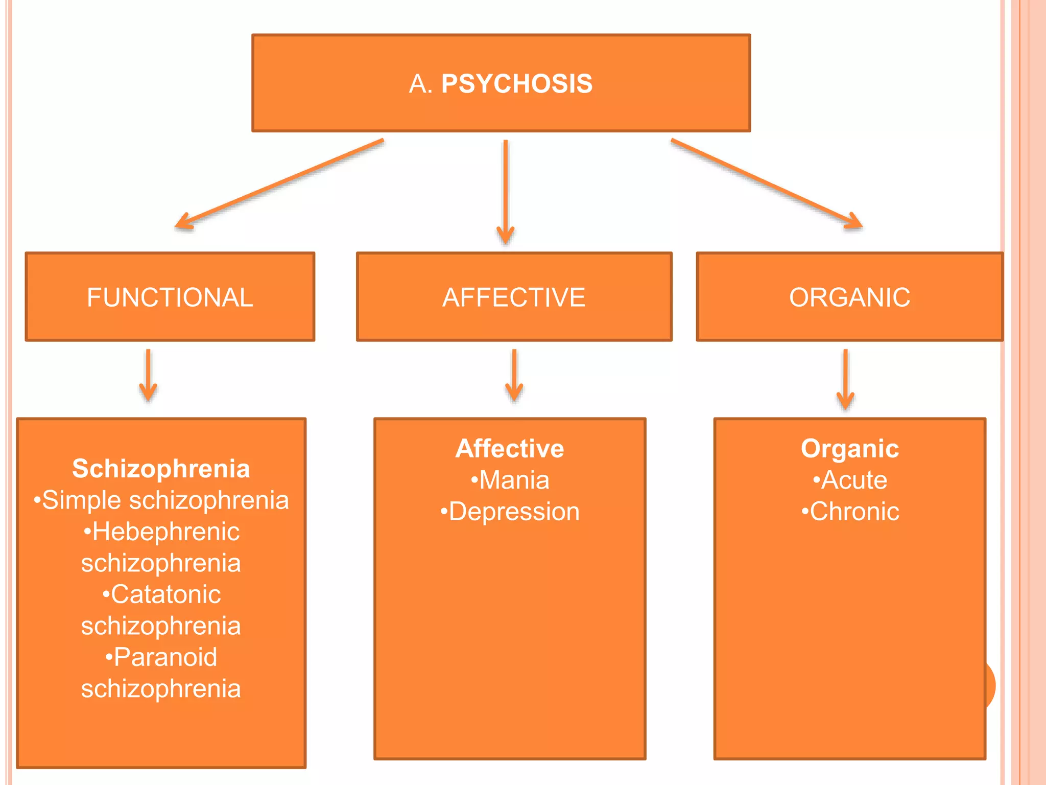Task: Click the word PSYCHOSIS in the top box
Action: (516, 83)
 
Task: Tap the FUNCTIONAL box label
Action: (170, 297)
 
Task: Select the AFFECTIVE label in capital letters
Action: (514, 297)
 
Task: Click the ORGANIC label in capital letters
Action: (849, 297)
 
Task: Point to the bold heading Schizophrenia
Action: (161, 468)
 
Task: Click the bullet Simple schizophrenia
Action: (161, 500)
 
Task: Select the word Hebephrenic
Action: (165, 532)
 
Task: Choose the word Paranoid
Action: (165, 657)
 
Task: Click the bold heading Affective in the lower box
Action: (510, 448)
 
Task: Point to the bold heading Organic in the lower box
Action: (850, 448)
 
